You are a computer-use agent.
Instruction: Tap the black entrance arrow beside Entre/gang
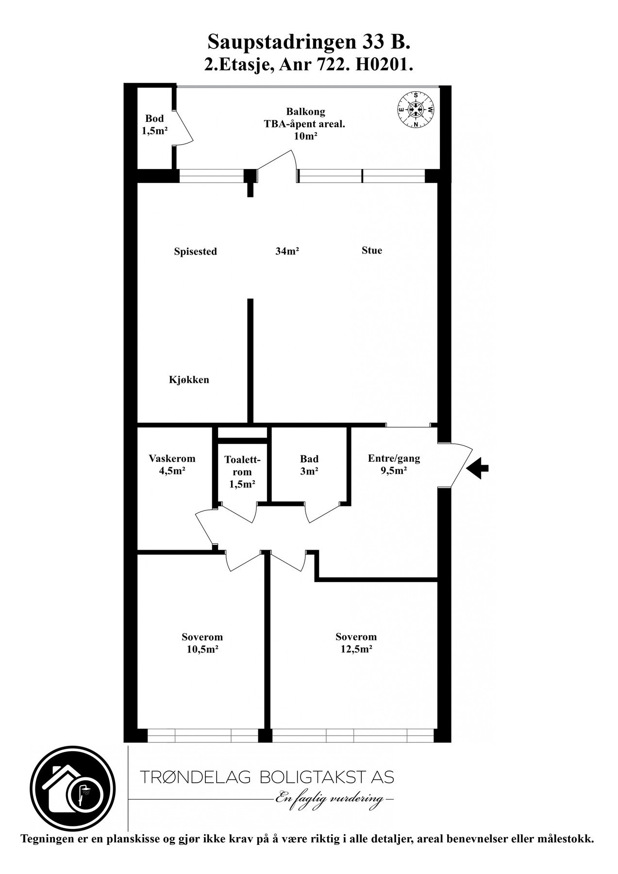478,469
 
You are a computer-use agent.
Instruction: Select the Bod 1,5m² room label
154,124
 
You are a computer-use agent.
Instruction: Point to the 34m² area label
287,251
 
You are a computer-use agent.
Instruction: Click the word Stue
372,251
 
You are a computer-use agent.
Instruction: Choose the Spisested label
195,252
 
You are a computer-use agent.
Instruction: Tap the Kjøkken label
189,380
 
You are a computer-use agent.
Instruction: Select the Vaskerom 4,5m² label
172,464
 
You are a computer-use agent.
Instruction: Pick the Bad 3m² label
309,465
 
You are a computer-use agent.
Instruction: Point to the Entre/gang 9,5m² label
394,464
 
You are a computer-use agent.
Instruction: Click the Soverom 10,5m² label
202,643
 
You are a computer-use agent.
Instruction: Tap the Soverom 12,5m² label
356,643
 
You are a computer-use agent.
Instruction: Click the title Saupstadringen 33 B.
309,43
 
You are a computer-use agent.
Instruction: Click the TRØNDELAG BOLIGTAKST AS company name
267,777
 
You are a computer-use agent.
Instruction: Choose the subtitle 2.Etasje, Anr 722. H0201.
309,66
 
